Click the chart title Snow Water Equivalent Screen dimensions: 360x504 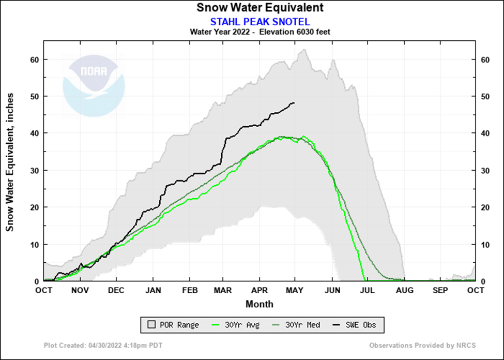pos(260,8)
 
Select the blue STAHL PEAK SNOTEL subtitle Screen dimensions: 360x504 pos(260,21)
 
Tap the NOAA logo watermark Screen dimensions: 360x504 pos(94,85)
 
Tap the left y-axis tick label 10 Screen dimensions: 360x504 pos(35,244)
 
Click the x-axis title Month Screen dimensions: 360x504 pos(259,304)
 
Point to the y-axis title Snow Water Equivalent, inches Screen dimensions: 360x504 pos(10,162)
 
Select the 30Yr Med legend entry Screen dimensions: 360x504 pos(296,325)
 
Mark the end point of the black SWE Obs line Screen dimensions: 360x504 pos(294,102)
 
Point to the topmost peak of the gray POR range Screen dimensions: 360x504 pos(304,50)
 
